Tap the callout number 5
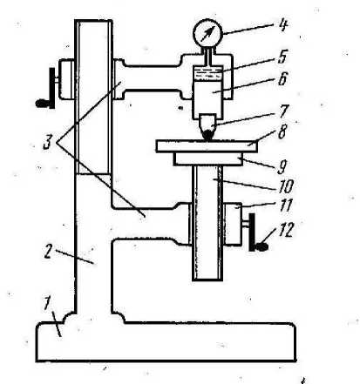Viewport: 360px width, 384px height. (x=282, y=57)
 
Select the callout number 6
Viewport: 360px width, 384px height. (x=282, y=79)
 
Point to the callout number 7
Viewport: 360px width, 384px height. (x=283, y=111)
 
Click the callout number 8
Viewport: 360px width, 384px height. (x=282, y=132)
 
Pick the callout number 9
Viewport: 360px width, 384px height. (x=282, y=167)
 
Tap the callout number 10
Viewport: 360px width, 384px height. (x=285, y=186)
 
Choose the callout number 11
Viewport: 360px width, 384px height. (x=286, y=205)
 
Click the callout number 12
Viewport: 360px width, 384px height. (x=286, y=230)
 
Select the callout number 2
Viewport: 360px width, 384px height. (x=49, y=252)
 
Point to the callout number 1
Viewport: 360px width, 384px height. (x=46, y=304)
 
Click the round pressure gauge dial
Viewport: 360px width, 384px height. (x=207, y=32)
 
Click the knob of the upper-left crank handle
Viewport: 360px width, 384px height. (x=42, y=104)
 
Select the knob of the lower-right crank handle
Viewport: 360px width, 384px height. (x=262, y=247)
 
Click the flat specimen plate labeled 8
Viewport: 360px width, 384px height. (x=207, y=146)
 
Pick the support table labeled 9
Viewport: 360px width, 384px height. (x=208, y=159)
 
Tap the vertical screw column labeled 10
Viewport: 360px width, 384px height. (x=207, y=223)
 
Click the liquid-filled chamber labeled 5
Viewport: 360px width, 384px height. (x=207, y=75)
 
